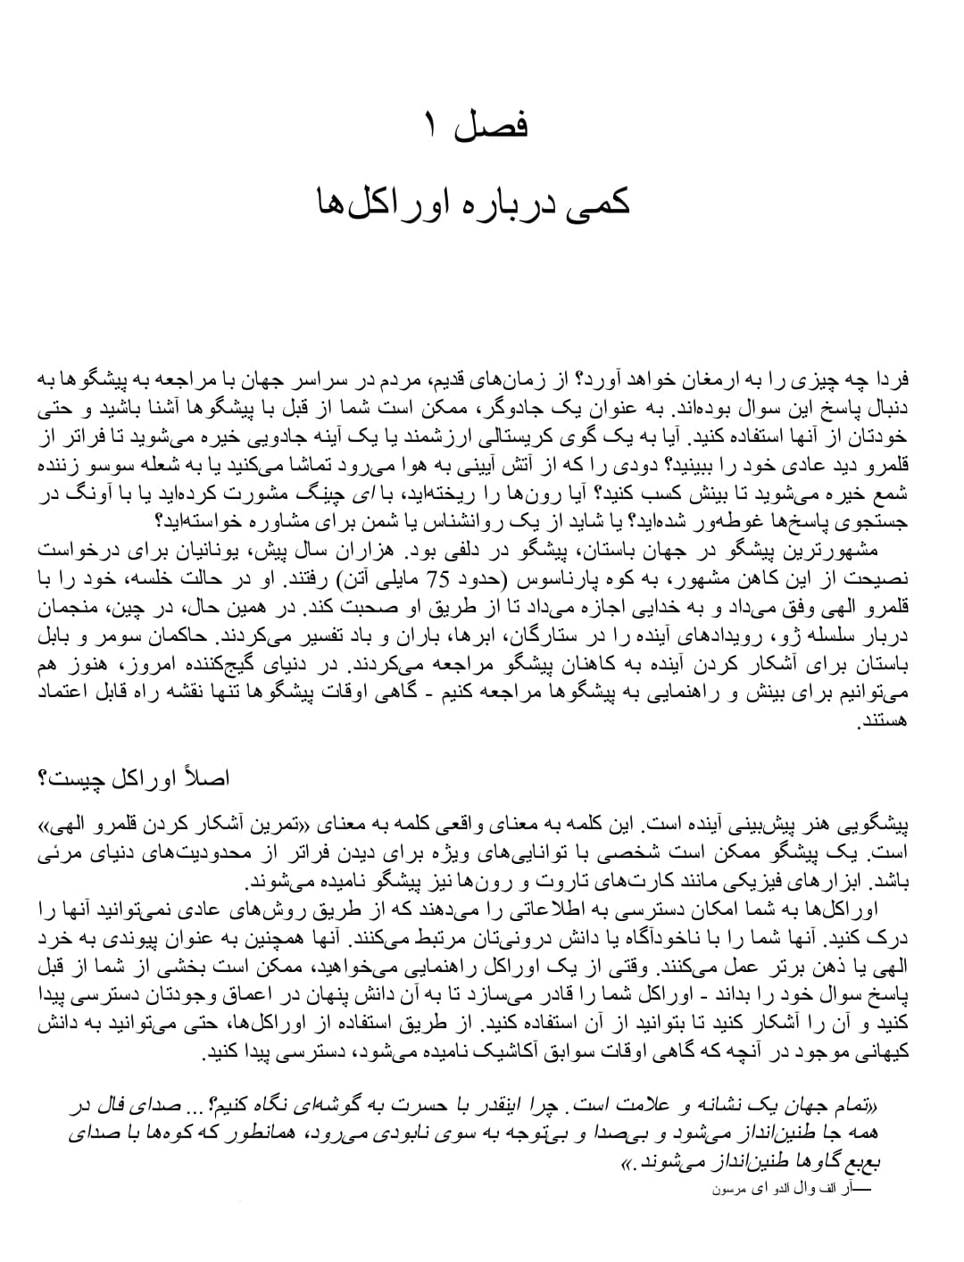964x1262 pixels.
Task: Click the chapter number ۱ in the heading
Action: [431, 125]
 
